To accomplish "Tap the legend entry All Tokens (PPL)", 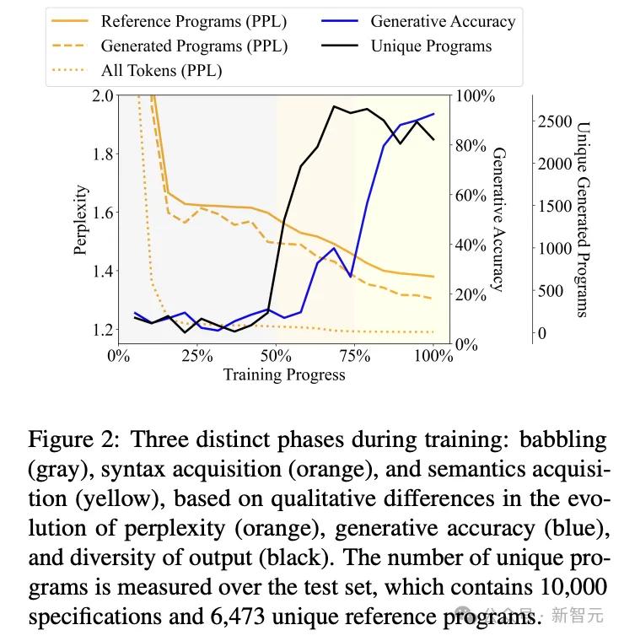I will point(161,71).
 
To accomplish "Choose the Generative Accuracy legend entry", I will point(442,22).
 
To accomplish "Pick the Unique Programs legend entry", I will point(431,46).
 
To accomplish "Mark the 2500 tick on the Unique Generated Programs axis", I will point(554,121).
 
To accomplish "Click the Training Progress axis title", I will point(284,374).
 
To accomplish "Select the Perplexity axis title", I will point(81,219).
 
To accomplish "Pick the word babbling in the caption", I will point(563,439).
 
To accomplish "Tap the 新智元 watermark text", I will point(578,616).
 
